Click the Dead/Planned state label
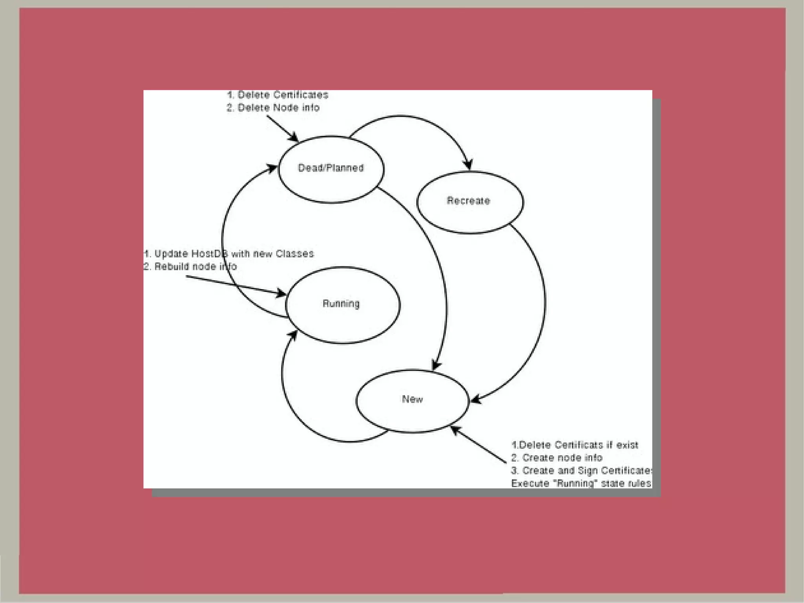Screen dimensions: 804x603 331,168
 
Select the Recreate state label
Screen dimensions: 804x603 468,201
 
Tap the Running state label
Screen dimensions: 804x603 341,304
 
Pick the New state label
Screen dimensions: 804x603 412,400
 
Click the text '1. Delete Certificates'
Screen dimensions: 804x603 278,95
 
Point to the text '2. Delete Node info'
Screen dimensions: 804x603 273,108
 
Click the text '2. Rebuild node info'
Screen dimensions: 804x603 190,267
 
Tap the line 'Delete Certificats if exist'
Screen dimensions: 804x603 575,445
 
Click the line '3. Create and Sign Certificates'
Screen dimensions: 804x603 581,471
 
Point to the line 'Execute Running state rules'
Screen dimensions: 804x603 581,483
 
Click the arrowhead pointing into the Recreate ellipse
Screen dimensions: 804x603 468,165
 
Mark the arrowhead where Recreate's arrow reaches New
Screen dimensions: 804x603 475,400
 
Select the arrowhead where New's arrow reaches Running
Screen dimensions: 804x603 293,335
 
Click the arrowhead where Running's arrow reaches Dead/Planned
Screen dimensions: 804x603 272,168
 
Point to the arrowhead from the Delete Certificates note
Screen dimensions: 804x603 294,138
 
